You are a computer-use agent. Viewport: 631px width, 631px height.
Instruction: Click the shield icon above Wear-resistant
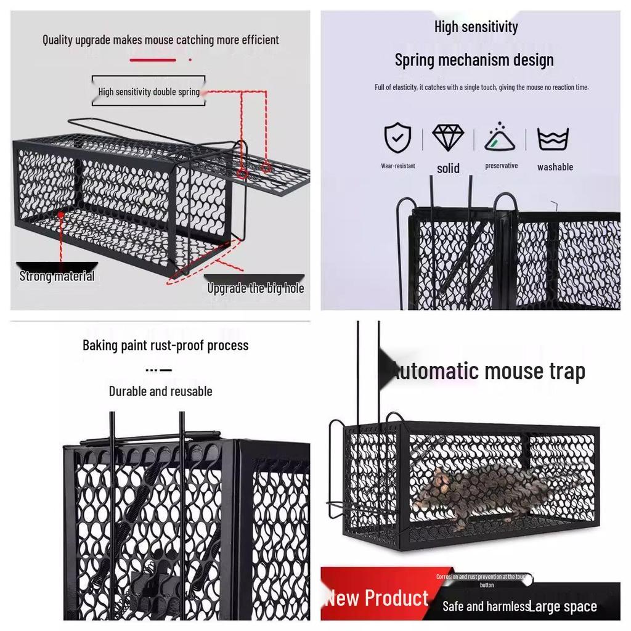[397, 138]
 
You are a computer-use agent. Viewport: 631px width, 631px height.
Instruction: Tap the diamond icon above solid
[448, 138]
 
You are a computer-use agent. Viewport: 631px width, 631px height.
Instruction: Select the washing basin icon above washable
[553, 139]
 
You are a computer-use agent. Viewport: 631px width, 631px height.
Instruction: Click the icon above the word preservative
[500, 137]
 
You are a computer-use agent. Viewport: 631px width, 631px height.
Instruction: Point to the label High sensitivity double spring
[149, 92]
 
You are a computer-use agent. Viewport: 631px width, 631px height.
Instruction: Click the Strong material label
[57, 276]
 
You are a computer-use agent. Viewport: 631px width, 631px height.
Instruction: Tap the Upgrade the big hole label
[255, 288]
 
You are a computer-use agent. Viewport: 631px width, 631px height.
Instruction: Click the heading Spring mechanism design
[474, 60]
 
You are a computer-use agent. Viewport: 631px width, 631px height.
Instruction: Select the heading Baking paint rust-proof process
[165, 345]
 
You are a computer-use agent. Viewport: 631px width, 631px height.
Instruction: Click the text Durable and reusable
[160, 391]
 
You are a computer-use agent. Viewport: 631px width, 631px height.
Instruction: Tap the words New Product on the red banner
[377, 598]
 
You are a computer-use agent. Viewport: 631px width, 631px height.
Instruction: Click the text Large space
[563, 607]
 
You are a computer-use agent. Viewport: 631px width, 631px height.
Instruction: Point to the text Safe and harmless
[486, 607]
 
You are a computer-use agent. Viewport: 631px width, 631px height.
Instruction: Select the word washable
[555, 167]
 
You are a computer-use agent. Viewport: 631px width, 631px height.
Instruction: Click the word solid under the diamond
[448, 168]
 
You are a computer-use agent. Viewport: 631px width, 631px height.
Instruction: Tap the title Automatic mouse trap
[487, 372]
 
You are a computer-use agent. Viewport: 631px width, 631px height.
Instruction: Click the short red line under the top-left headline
[152, 60]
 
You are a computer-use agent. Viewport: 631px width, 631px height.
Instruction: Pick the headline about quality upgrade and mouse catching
[160, 40]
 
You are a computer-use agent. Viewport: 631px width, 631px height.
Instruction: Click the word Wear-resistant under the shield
[397, 166]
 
